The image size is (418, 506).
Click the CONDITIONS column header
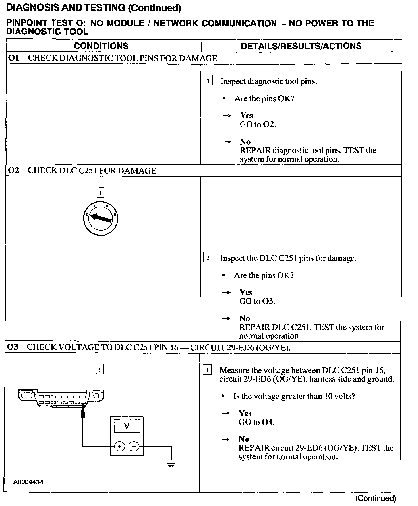click(101, 46)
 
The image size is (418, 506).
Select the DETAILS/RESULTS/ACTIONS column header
click(301, 46)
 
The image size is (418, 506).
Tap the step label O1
click(13, 58)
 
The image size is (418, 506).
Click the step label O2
click(13, 170)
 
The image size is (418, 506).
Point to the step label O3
click(13, 347)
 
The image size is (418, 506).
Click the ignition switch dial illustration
click(100, 219)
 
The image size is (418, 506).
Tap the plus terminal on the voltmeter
click(120, 446)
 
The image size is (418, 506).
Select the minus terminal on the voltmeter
click(134, 446)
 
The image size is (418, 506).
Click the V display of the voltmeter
click(127, 426)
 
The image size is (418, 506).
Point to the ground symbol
click(171, 464)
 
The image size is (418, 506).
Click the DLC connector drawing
click(61, 398)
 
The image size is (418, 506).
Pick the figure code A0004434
click(28, 482)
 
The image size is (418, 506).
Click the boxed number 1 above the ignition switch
click(100, 193)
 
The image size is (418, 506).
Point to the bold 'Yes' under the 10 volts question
click(245, 413)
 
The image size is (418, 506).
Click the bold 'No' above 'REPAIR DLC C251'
click(245, 318)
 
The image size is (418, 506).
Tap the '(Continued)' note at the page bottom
click(376, 498)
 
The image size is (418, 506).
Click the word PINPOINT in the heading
click(26, 23)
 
